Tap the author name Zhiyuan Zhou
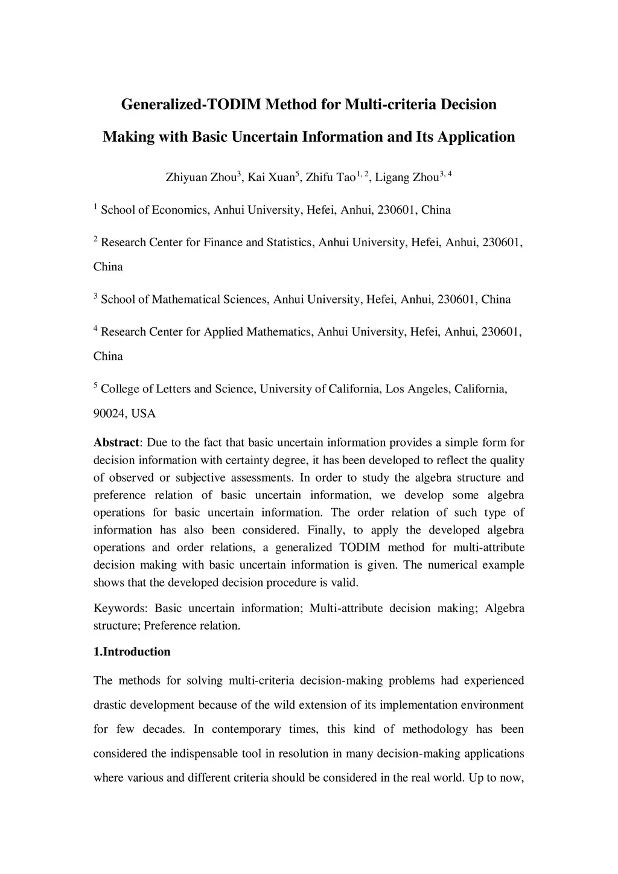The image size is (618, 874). pos(202,177)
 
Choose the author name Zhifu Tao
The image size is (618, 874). pos(330,177)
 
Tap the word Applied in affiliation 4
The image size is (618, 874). pos(224,332)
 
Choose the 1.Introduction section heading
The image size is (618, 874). pos(132,652)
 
